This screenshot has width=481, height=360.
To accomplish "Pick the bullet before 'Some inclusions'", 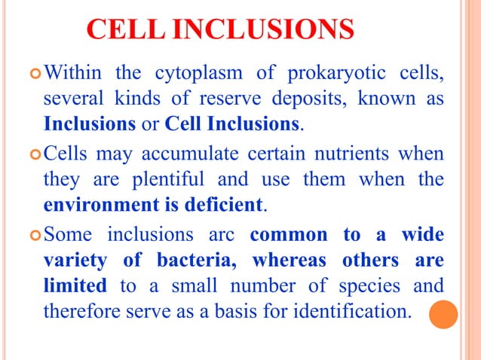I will (33, 236).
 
